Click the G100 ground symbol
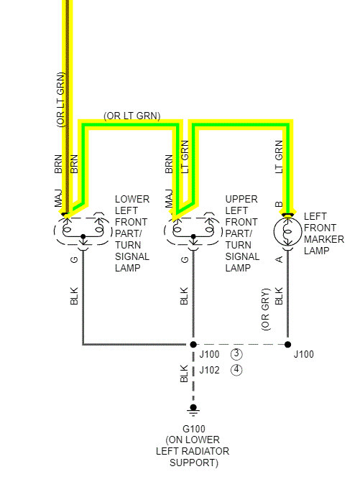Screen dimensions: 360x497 click(193, 409)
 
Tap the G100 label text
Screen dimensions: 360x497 click(194, 429)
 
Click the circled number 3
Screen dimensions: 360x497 click(236, 354)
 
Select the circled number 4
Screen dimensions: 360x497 click(236, 370)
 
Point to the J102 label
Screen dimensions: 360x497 click(209, 370)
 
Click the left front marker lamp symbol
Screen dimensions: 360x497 click(287, 231)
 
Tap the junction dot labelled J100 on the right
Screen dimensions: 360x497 click(287, 344)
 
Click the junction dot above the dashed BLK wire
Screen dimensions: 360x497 click(193, 344)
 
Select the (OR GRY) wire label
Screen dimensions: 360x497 click(265, 310)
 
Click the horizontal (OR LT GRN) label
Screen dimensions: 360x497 click(132, 116)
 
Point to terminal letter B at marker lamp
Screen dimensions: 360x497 click(279, 204)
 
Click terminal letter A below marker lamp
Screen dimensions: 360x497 click(279, 259)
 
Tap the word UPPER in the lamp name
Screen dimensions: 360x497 click(241, 199)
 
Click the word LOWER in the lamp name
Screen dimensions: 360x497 click(132, 199)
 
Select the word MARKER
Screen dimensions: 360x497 click(324, 239)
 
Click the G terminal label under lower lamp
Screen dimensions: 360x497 click(74, 259)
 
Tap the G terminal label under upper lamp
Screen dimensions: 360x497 click(184, 259)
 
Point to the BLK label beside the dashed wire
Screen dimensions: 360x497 click(184, 373)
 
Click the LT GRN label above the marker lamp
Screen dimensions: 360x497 click(279, 157)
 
